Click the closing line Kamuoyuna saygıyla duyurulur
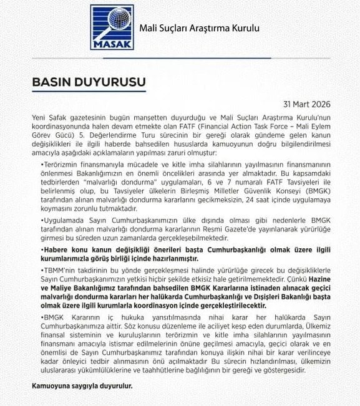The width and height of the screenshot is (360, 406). pos(82,386)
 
